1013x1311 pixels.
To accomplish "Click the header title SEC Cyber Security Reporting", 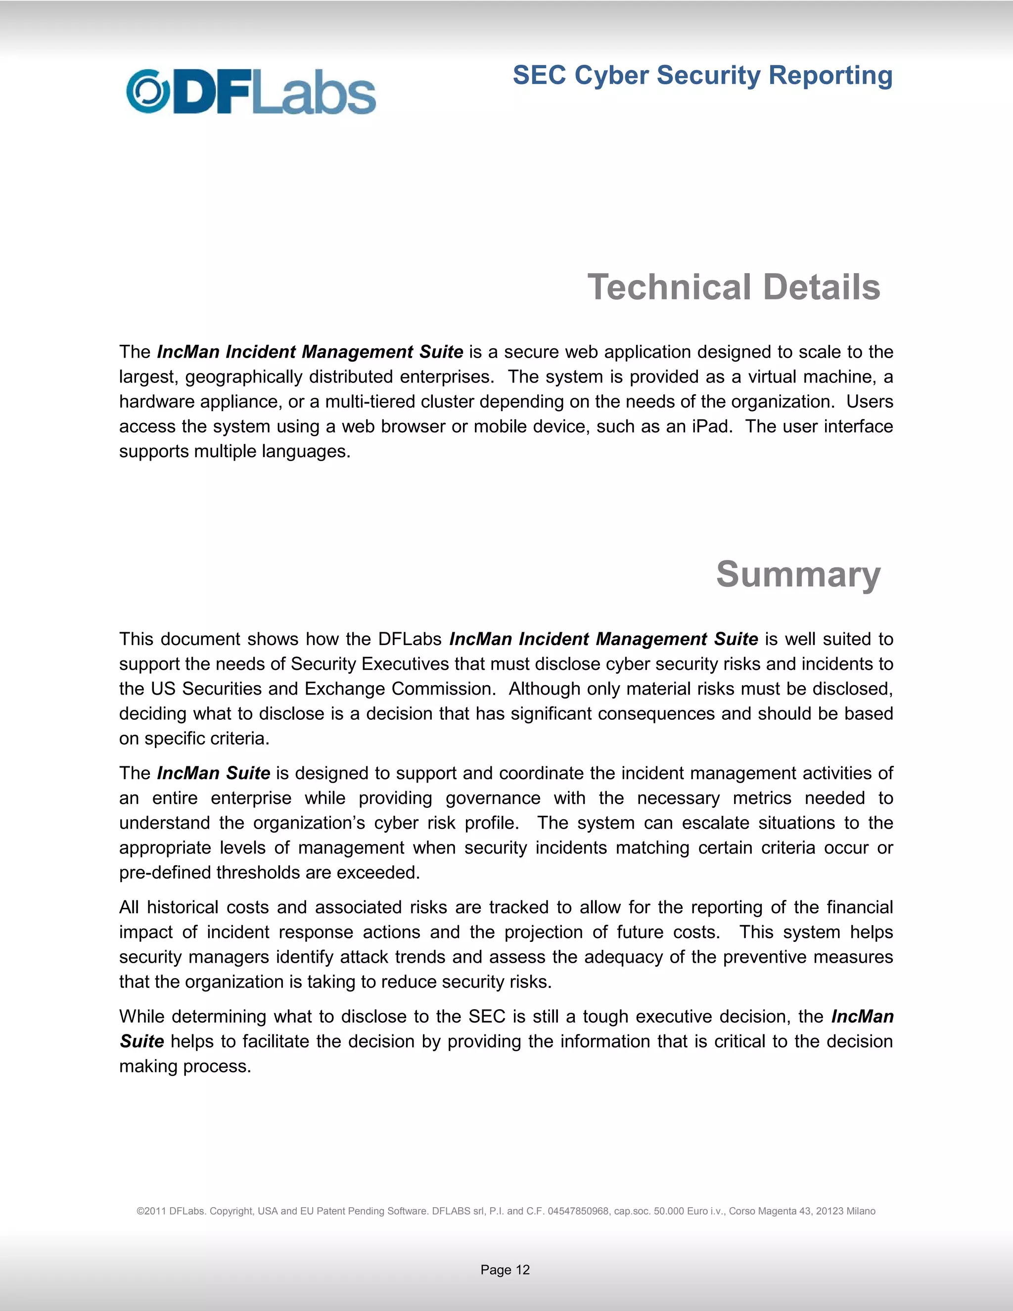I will point(702,76).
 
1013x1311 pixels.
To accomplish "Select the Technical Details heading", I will point(734,287).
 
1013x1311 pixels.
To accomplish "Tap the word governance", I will point(492,798).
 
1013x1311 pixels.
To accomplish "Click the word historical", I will point(183,907).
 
